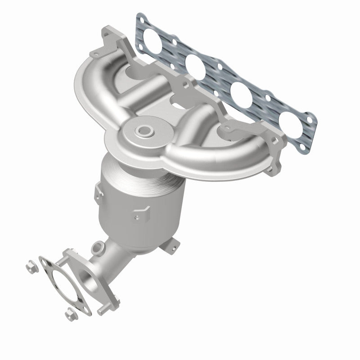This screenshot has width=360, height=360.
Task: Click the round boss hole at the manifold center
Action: coord(145,131)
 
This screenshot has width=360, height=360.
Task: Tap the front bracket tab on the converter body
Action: coord(140,211)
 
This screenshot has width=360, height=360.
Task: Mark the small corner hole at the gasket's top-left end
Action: coord(142,19)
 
